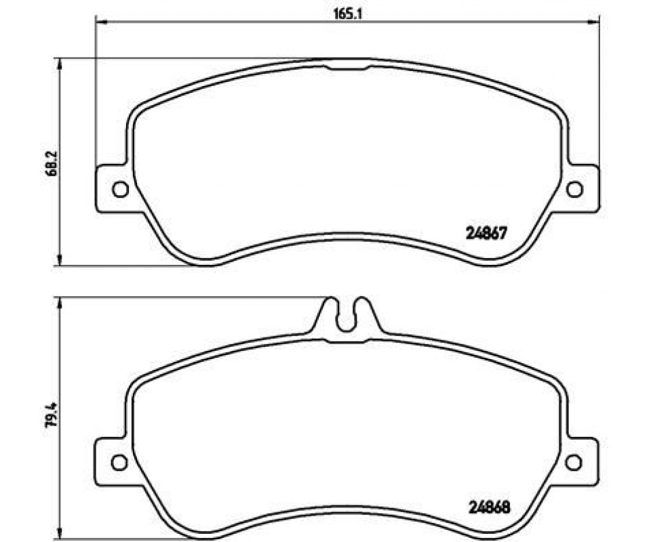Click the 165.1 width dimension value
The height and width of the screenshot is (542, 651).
click(342, 14)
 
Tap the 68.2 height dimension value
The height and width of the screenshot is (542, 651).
click(53, 163)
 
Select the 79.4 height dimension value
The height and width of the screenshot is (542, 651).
click(53, 416)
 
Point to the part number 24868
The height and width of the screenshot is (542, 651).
click(489, 507)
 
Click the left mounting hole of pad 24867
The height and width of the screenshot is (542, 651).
click(121, 190)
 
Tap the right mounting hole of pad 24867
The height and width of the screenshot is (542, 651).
click(575, 190)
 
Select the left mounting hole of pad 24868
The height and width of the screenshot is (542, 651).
click(120, 462)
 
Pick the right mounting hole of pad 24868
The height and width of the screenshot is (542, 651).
click(574, 462)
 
